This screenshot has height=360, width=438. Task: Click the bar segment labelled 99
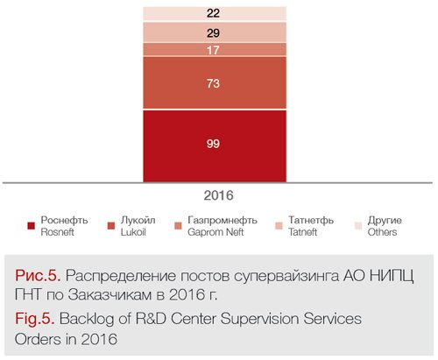215,146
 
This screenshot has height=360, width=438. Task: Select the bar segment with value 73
215,83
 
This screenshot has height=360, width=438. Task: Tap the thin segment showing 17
215,49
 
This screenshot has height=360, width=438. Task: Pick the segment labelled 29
215,32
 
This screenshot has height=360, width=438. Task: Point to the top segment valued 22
215,13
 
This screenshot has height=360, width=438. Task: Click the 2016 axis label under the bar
218,195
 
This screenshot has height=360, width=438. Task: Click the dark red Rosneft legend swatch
32,226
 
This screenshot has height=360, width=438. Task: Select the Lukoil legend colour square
111,226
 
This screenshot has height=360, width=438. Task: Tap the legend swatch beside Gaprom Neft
178,226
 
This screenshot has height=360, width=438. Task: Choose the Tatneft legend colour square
279,226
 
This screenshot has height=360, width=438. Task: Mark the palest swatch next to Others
358,226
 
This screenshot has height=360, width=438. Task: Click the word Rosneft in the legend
57,232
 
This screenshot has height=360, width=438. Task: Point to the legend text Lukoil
133,232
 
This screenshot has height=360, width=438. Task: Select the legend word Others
382,232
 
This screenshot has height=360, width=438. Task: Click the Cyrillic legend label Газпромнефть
223,220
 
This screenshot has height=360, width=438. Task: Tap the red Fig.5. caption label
35,318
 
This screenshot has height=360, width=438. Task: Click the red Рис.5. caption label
38,276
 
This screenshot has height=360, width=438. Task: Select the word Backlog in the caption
87,319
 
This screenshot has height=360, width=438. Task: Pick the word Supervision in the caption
260,319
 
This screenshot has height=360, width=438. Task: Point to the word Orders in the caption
39,339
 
